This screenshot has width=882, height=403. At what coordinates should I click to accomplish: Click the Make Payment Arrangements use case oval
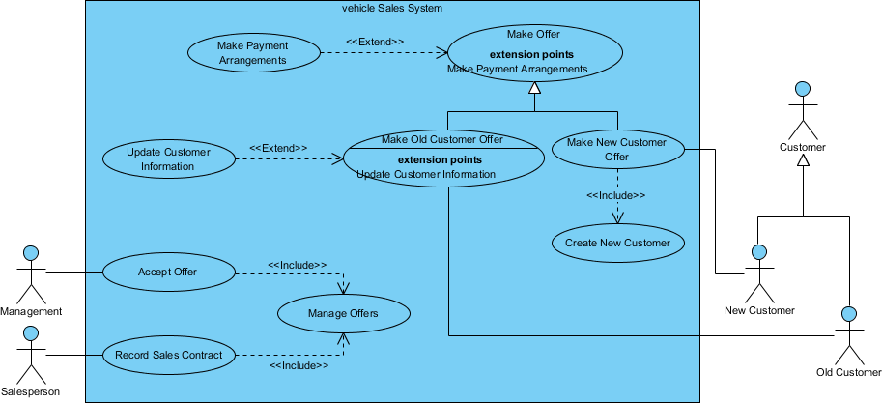click(254, 53)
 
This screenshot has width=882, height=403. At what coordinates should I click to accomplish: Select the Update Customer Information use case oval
click(168, 159)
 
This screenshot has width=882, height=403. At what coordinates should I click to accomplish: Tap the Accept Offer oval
click(167, 272)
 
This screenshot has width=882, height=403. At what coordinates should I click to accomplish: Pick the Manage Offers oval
click(343, 313)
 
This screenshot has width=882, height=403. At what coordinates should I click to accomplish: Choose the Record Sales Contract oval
click(168, 355)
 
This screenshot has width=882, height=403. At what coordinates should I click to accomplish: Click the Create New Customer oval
click(617, 243)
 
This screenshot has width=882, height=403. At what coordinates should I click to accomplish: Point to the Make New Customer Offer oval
click(616, 149)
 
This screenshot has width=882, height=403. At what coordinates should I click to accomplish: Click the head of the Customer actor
click(801, 90)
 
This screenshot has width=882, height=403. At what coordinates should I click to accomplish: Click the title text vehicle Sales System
click(392, 8)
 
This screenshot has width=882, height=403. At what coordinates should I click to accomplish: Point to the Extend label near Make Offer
click(375, 42)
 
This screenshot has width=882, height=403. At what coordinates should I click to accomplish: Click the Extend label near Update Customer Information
click(278, 148)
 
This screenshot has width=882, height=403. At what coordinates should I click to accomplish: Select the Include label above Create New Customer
click(616, 196)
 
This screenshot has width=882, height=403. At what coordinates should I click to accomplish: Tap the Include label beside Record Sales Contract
click(299, 366)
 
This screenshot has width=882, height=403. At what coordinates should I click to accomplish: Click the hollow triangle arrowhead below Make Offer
click(533, 88)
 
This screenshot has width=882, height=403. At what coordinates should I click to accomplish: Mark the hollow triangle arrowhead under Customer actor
click(801, 160)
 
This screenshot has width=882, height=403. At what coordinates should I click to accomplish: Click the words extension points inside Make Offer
click(532, 54)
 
